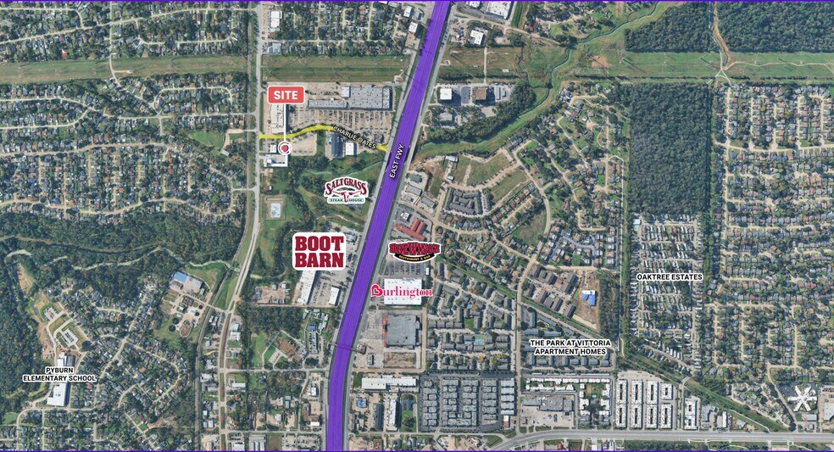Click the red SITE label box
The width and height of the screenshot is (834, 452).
286,95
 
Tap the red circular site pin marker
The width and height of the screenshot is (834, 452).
284,148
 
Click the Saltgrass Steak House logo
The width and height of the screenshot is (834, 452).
346,191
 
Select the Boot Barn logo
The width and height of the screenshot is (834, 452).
320,251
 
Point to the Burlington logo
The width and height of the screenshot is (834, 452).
403,292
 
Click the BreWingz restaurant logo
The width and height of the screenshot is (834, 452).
414,250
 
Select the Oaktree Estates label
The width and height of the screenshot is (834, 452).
670,277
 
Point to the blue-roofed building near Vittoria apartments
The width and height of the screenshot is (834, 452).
589,298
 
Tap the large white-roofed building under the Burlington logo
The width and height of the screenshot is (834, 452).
402,330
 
